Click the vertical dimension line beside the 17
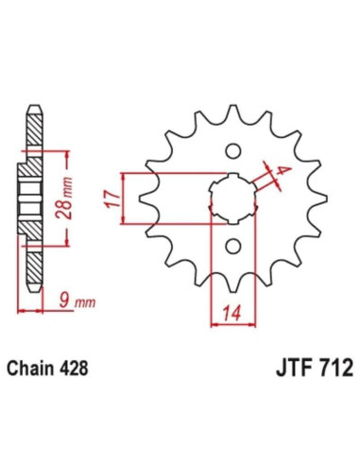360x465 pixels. pyautogui.click(x=124, y=198)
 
